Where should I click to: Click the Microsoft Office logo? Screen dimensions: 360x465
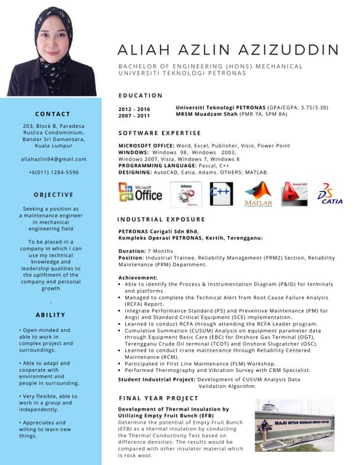(x=140, y=193)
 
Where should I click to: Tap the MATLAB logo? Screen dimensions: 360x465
(x=258, y=194)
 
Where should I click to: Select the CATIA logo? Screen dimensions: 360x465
(x=329, y=194)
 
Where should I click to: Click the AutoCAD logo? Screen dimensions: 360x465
(x=295, y=193)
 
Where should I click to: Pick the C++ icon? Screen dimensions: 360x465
(x=220, y=193)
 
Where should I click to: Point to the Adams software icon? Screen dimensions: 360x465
(x=185, y=193)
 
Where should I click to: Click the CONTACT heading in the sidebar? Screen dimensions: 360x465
(x=53, y=114)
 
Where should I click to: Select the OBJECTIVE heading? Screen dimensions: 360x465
(x=53, y=195)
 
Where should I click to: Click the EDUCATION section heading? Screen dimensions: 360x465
(x=140, y=95)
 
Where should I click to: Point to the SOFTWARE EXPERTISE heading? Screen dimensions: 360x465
(x=159, y=134)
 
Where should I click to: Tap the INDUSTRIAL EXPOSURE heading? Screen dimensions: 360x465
(x=162, y=219)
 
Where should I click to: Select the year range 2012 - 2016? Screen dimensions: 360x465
(x=134, y=109)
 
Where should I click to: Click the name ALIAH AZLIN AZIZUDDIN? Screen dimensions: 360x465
(x=228, y=49)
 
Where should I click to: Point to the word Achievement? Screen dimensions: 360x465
(x=138, y=278)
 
